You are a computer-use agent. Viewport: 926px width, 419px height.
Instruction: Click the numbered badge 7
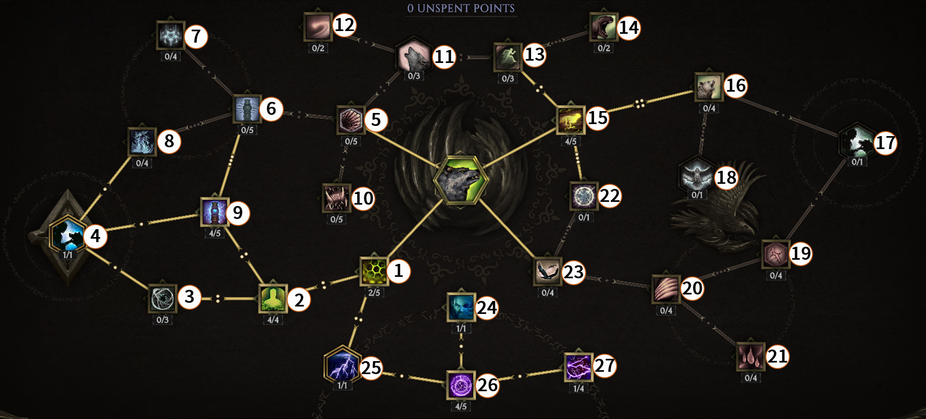click(196, 36)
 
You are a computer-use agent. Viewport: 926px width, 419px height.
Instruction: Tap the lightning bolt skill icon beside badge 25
click(342, 364)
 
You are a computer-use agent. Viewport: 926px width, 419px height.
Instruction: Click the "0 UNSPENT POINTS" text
click(461, 8)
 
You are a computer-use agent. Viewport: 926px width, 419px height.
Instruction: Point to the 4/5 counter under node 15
click(571, 141)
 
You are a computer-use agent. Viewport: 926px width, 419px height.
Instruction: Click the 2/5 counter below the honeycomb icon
click(374, 293)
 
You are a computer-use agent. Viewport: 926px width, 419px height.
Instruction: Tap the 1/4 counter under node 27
click(578, 388)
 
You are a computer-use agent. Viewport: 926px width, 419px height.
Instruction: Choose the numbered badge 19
click(801, 254)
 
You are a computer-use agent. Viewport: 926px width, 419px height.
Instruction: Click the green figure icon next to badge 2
click(273, 299)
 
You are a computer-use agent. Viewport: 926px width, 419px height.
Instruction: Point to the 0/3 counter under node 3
click(163, 319)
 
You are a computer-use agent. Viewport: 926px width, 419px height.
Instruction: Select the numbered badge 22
click(610, 196)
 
